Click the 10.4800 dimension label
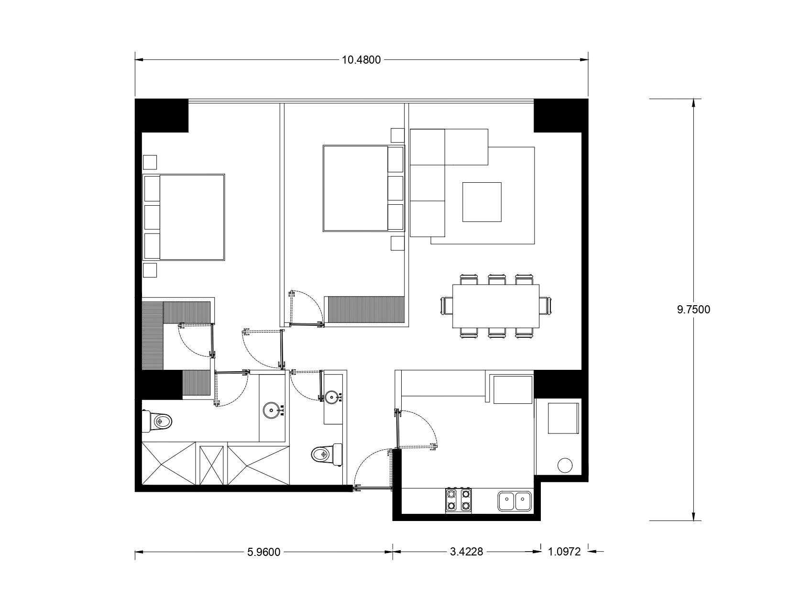pos(361,60)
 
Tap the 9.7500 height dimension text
pos(693,310)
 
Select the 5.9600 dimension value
pos(263,552)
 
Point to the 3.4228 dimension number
pos(466,552)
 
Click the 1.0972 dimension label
pos(564,552)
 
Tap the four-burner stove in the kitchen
pos(459,500)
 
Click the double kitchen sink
pos(515,501)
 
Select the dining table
pos(495,306)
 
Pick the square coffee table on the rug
pos(482,202)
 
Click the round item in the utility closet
pos(565,466)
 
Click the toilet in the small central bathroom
pos(327,455)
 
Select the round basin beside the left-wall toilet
pos(271,410)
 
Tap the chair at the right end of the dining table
pos(545,306)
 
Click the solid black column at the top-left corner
pos(162,115)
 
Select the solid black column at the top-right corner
pos(561,115)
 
